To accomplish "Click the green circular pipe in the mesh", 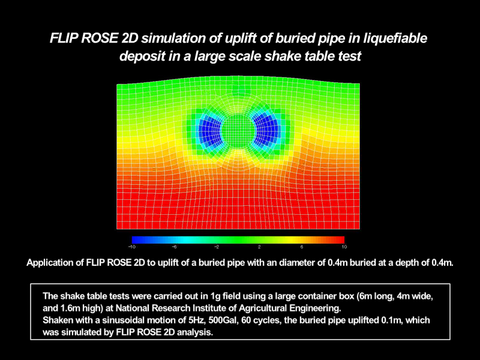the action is point(238,131).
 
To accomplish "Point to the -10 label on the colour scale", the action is point(132,247).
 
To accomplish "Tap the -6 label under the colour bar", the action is point(174,247).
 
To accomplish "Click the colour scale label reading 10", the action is point(344,247).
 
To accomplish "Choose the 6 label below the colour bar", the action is point(302,247).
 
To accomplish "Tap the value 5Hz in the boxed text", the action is point(197,320).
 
